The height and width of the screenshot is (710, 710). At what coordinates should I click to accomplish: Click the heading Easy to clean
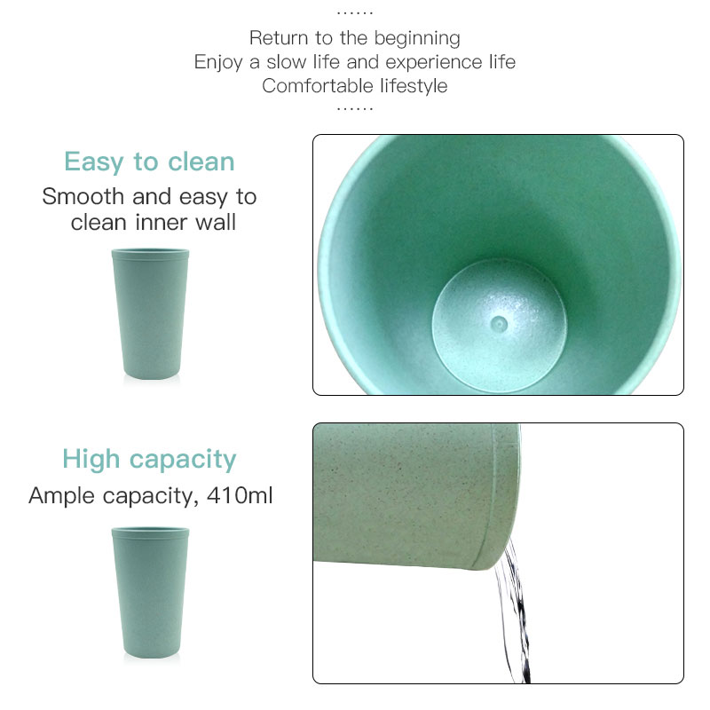point(149,162)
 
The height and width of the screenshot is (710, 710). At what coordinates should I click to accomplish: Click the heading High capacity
point(149,460)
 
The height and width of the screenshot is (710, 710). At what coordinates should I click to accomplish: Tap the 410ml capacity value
point(240,495)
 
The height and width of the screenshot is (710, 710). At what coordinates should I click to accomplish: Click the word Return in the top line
point(279,38)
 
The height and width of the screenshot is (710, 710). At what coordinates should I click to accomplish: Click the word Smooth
point(83,196)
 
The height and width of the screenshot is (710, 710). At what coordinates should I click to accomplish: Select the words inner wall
point(185,223)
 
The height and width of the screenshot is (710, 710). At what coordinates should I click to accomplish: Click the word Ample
point(62,496)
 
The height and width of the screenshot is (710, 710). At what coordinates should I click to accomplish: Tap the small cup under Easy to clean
point(150,313)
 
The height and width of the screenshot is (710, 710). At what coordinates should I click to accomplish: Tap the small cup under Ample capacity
point(150,592)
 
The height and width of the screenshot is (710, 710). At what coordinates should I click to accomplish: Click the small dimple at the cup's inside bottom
point(500,324)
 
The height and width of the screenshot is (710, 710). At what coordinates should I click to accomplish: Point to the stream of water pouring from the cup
point(515,611)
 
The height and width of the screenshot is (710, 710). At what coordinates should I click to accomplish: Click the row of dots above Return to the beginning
point(355,13)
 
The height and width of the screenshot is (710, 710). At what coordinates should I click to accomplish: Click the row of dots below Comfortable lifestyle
point(355,108)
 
